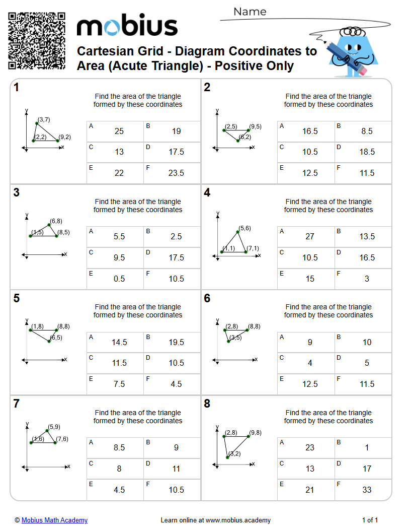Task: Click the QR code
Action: (37, 41)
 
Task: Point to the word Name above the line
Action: (250, 12)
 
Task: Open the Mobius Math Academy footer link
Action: (54, 520)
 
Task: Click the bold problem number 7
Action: (17, 404)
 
